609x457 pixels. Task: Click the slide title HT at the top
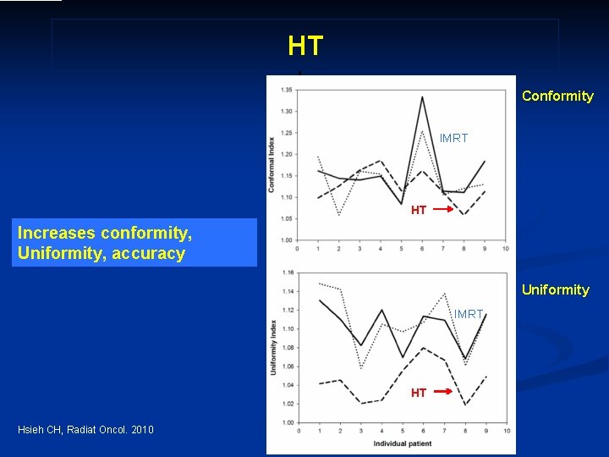tap(305, 46)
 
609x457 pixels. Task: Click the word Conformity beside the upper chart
tap(557, 96)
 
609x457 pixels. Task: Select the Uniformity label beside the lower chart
tap(555, 289)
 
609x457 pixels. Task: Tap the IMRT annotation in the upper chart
tap(453, 138)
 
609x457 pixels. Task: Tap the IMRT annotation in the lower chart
tap(468, 314)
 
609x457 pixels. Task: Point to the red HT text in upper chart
tap(419, 210)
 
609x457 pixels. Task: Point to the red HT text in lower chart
tap(419, 393)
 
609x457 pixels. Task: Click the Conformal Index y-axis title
tap(272, 164)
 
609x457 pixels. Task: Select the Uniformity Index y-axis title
tap(273, 347)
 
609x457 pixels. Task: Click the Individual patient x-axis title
tap(403, 443)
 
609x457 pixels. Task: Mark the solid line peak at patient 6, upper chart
tap(422, 96)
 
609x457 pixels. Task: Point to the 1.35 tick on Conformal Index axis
tap(287, 89)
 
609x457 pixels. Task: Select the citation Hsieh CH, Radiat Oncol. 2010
tap(85, 430)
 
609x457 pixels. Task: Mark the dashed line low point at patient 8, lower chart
tap(465, 405)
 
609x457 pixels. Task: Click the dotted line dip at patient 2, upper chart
tap(339, 215)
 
